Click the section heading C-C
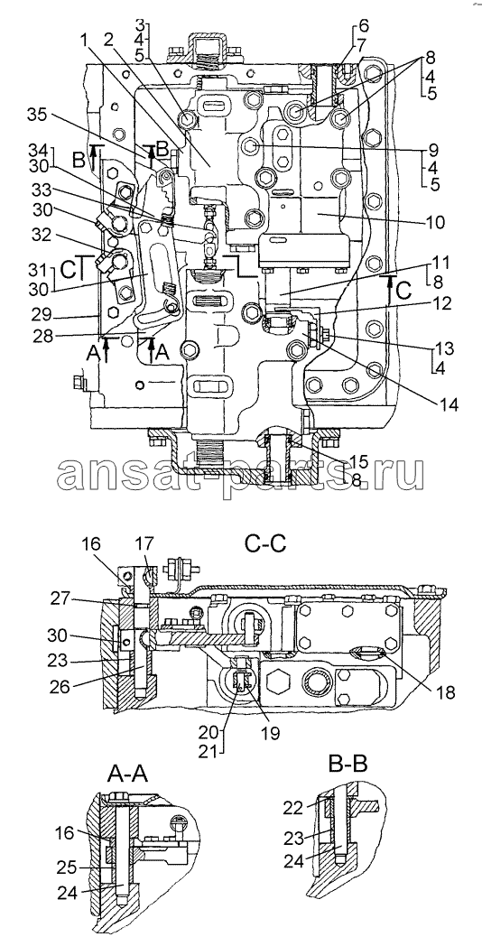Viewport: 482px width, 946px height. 266,544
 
